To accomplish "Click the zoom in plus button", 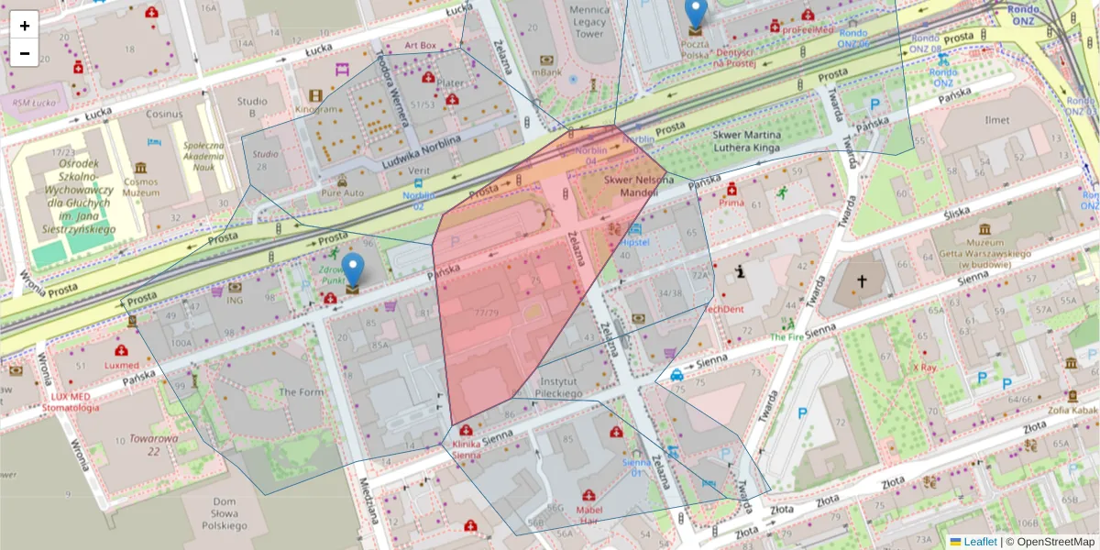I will tap(25, 25).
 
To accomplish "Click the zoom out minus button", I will tap(25, 53).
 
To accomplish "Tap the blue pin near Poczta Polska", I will tap(697, 13).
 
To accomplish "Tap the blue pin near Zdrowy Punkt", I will tap(353, 270).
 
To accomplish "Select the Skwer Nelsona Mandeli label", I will tap(632, 187).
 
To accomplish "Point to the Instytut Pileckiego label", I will tap(562, 387).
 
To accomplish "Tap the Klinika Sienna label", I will tap(466, 449).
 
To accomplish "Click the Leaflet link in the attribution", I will tap(979, 542).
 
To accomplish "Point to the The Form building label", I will tap(301, 392).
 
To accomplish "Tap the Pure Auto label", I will tap(342, 193).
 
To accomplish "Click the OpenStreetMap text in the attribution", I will tap(1056, 542).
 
